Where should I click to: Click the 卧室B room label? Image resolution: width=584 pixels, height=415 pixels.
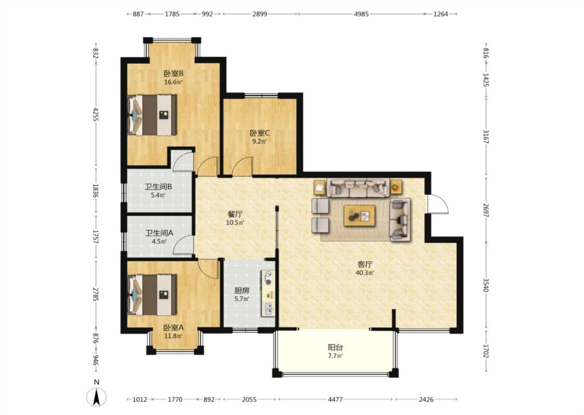[173, 73]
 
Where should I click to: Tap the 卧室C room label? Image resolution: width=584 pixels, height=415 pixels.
[260, 133]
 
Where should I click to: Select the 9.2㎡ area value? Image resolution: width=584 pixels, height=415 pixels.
[260, 142]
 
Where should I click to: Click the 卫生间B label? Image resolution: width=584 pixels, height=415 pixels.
[158, 186]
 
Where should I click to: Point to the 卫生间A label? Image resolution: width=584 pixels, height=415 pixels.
[159, 233]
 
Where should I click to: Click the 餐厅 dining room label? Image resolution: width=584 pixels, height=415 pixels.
[235, 214]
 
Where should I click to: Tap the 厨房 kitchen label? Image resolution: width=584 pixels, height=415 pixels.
[242, 290]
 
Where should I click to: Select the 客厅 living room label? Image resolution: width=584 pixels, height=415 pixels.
[365, 264]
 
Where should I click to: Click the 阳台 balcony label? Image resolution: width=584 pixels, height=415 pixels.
[335, 347]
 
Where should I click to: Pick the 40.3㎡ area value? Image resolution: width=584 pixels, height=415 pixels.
[365, 273]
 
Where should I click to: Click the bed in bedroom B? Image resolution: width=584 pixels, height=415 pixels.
[152, 115]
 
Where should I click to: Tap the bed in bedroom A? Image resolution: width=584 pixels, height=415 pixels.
[152, 295]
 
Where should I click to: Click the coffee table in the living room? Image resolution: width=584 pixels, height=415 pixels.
[359, 215]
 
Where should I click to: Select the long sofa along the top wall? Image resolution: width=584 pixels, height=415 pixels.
[358, 188]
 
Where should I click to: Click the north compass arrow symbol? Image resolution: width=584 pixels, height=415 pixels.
[97, 397]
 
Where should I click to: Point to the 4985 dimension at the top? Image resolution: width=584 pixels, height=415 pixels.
[361, 14]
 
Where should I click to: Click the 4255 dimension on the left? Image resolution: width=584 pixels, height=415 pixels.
[96, 115]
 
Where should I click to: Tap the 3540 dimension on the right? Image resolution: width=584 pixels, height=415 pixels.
[486, 285]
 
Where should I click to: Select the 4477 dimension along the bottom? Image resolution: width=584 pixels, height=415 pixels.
[335, 399]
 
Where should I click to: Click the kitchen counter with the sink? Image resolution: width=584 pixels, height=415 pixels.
[268, 294]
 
